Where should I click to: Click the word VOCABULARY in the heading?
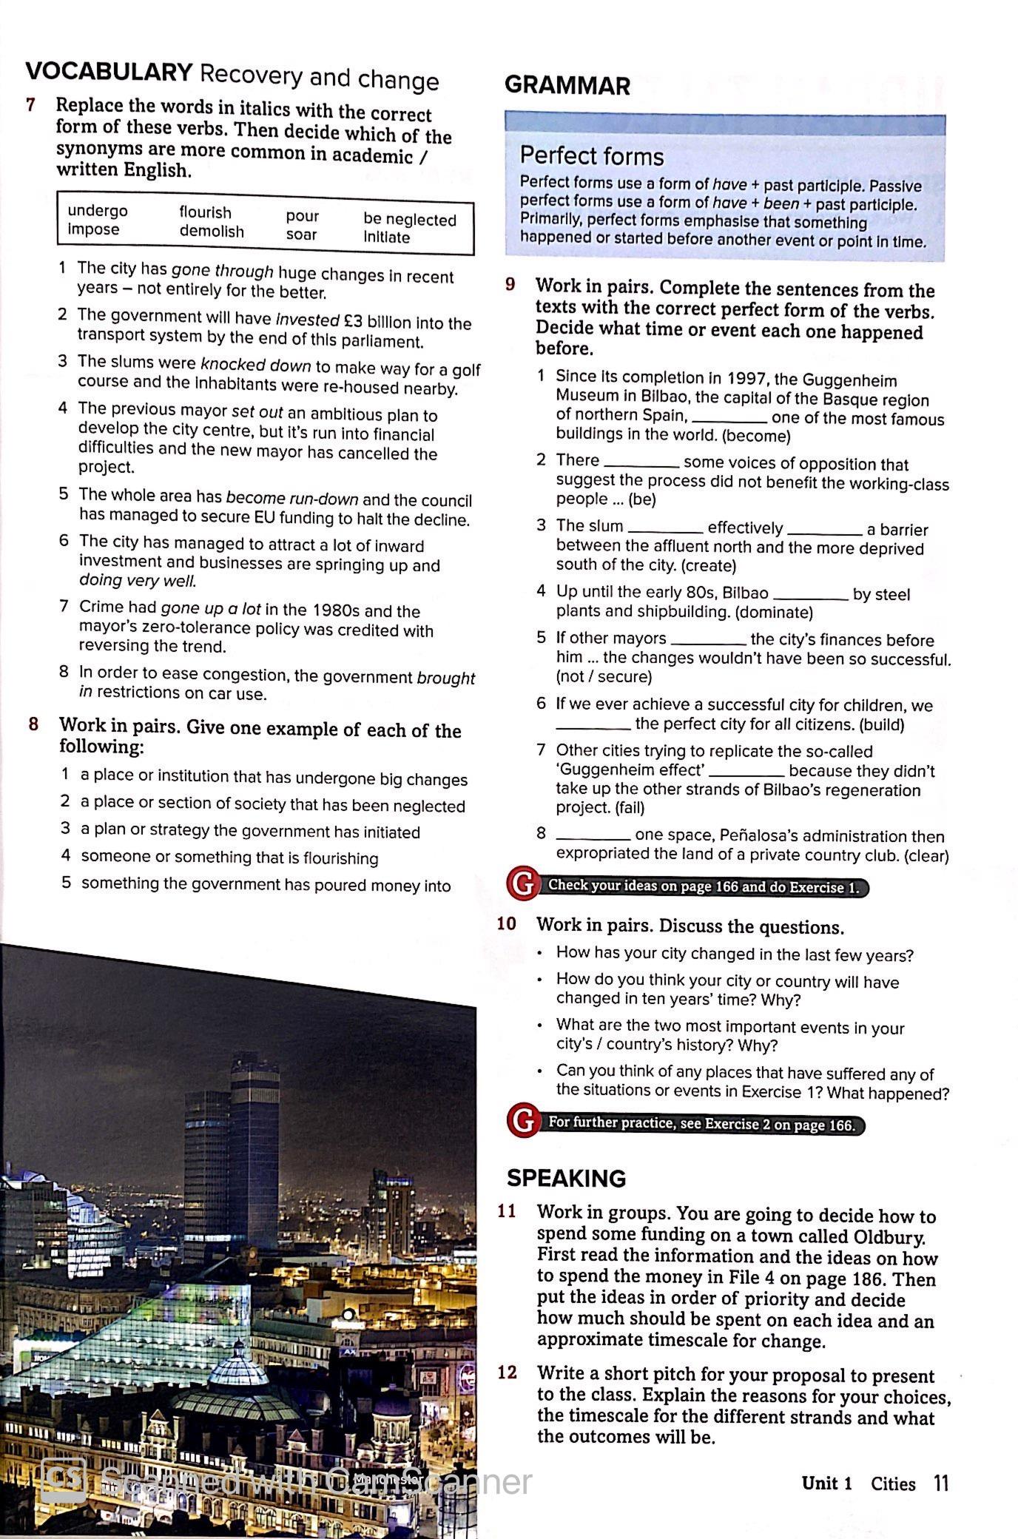pos(109,73)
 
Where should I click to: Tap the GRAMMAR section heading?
pos(567,86)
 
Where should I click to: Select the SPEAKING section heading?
pos(566,1178)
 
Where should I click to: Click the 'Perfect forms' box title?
pos(591,156)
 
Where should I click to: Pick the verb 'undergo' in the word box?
pos(97,212)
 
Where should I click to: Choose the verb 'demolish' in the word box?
pos(212,232)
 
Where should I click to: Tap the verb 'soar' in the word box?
pos(301,235)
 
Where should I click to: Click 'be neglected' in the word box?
pos(409,220)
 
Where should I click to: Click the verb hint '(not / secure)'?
pos(604,677)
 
